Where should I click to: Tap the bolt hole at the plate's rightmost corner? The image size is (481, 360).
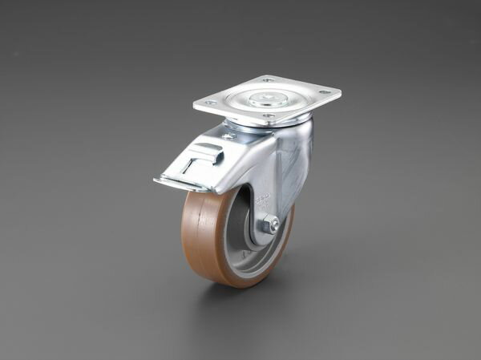click(x=325, y=92)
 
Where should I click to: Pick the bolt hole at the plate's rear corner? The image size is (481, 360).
click(x=267, y=80)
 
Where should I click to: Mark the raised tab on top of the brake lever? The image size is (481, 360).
click(x=207, y=150)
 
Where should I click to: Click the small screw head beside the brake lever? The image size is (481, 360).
click(x=228, y=137)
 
